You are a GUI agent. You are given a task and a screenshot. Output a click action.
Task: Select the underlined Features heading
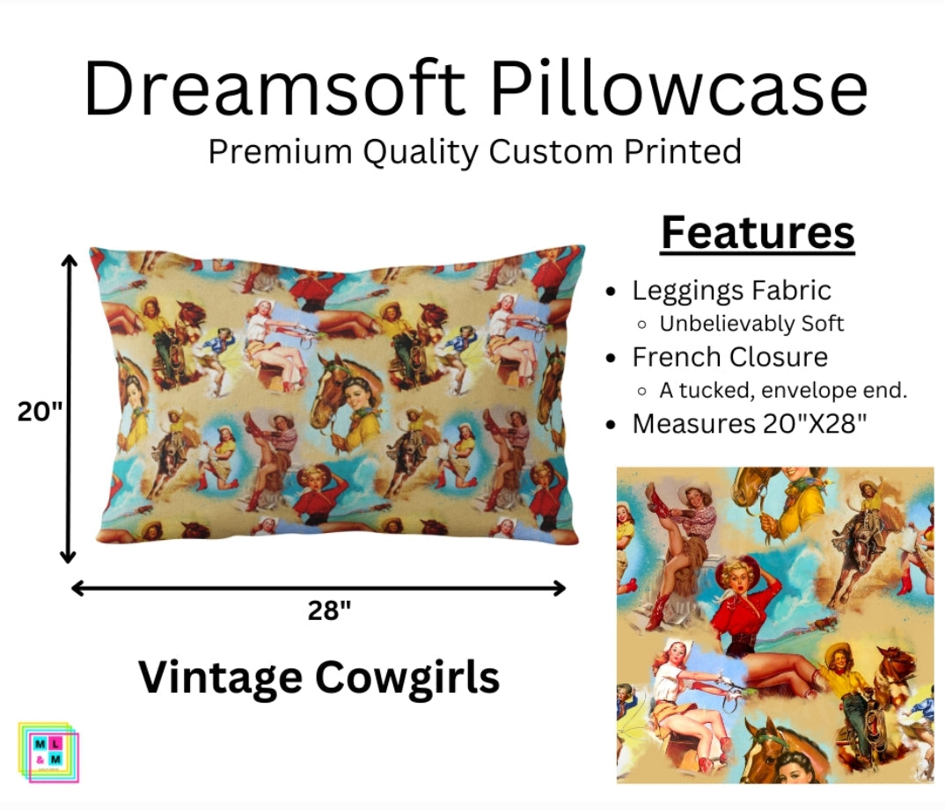(x=758, y=233)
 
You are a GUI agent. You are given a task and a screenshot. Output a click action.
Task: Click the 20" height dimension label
(x=40, y=411)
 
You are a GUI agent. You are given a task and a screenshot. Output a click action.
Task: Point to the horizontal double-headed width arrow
(x=319, y=587)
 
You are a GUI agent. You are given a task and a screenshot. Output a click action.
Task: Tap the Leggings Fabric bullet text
(x=731, y=290)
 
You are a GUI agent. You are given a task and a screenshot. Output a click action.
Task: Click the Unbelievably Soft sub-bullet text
(x=751, y=324)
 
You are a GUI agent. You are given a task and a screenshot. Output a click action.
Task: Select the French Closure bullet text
(x=729, y=357)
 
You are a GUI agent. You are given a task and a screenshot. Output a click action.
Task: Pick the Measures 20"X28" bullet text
(x=750, y=424)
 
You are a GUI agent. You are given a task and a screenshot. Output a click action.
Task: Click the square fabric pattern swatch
(x=775, y=624)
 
